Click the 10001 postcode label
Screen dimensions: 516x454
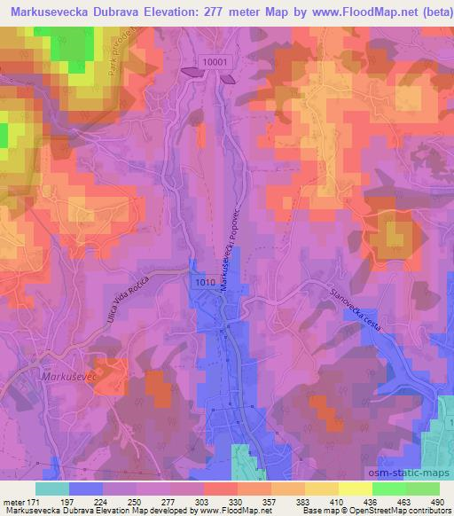click(x=215, y=61)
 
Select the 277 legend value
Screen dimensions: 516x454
click(x=162, y=502)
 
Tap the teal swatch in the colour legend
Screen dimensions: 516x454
click(x=53, y=489)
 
